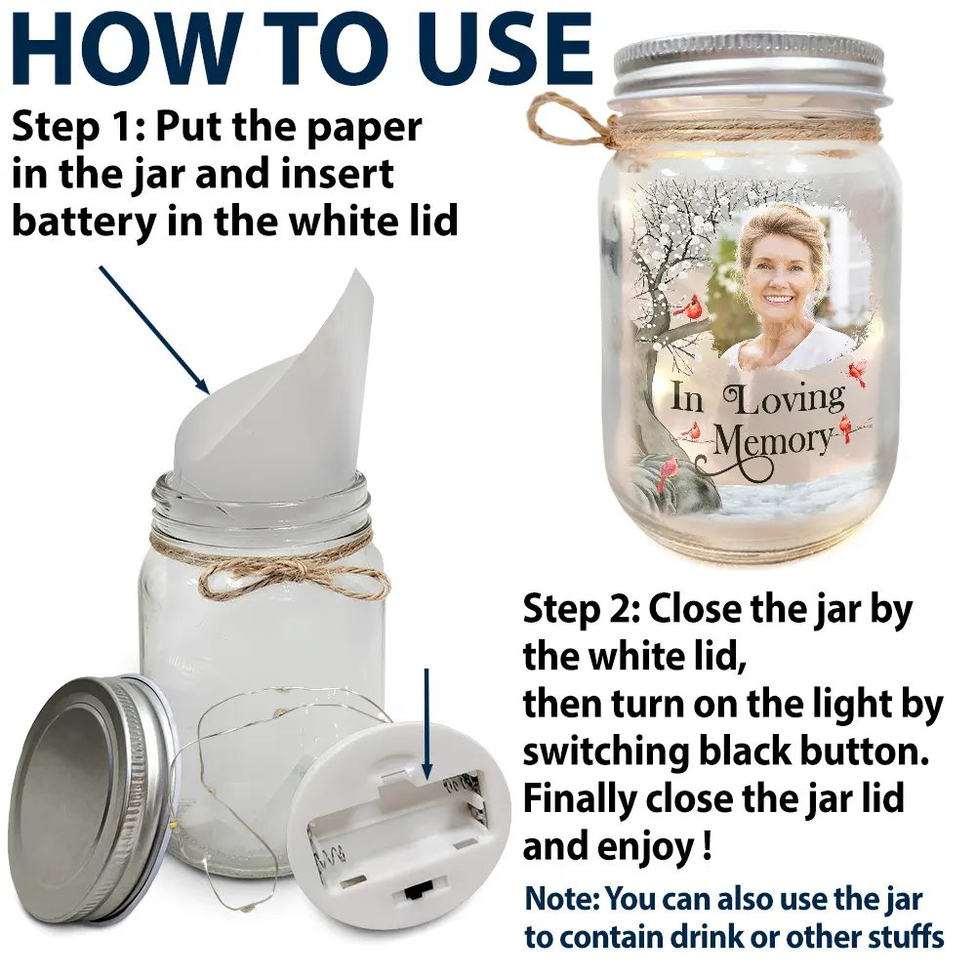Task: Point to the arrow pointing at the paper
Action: (x=154, y=330)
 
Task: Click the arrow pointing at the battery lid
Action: (x=427, y=724)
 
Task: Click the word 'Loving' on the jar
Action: (x=785, y=401)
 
